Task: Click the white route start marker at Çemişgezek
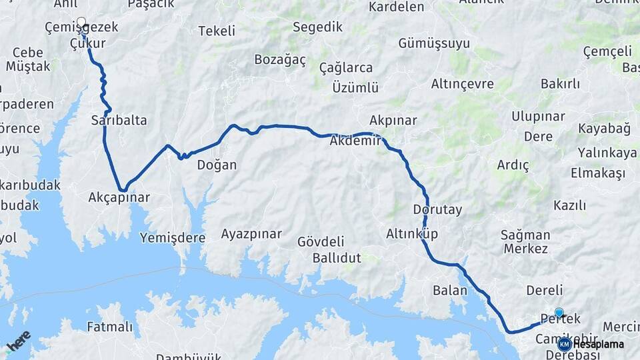click(81, 23)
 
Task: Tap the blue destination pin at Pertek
click(559, 312)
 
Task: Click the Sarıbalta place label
click(119, 121)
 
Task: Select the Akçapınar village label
click(119, 198)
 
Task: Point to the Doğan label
click(217, 165)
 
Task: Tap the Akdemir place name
click(355, 141)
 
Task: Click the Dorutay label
click(437, 210)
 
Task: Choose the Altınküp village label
click(411, 234)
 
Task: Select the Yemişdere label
click(173, 238)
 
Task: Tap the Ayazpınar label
click(251, 234)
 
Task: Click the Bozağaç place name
click(280, 60)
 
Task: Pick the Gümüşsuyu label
click(434, 44)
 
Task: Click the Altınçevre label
click(463, 84)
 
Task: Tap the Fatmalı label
click(109, 327)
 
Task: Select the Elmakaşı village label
click(598, 173)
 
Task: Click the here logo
click(19, 340)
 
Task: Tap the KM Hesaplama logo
click(591, 344)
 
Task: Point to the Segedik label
click(317, 27)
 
